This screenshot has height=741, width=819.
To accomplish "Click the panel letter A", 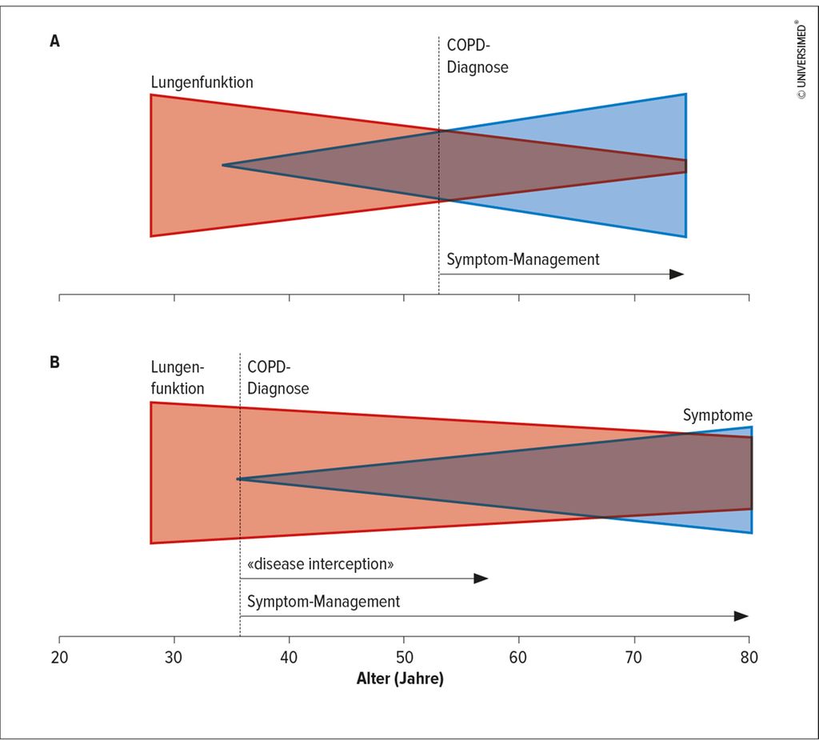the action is coord(55,41).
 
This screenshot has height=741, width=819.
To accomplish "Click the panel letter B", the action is coord(55,362).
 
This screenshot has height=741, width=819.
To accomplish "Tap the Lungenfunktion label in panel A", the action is coord(202,82).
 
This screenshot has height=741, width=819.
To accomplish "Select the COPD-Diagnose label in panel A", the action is coord(477,56).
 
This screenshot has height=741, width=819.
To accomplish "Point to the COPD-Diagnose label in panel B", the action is coord(278,377).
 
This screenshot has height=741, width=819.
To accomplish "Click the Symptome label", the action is coord(717,415).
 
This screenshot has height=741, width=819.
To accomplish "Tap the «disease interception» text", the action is coord(320,564).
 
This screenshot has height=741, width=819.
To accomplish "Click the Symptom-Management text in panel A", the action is coord(523,260).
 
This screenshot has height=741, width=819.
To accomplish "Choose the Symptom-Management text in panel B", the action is coord(323,602).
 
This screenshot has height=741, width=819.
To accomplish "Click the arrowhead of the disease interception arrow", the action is coord(481,579).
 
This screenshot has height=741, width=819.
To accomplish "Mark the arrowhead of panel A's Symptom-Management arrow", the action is coord(677,274).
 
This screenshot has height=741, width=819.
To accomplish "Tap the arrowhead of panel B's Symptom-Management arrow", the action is coord(741,616).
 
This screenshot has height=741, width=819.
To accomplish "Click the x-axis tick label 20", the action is coord(59,658).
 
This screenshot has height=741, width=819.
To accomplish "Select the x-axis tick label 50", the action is coord(404,658).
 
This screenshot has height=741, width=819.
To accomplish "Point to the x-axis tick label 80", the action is coord(749,658).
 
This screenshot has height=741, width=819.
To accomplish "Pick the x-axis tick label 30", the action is coord(174,658).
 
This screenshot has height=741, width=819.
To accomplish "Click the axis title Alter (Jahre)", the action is coord(400,679).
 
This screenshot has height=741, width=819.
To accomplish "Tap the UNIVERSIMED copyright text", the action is coord(801,59).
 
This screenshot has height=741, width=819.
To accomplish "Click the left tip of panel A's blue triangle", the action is coord(222,165).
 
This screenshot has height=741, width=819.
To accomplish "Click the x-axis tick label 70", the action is coord(633,658).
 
